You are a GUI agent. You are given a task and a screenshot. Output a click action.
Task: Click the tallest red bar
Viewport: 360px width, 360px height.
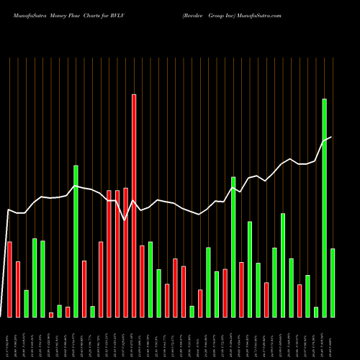pyautogui.click(x=134, y=205)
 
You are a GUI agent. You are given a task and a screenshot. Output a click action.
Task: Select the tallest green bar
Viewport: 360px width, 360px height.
pyautogui.click(x=325, y=207)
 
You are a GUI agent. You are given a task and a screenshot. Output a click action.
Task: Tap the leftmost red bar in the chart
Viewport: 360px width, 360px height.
pyautogui.click(x=9, y=279)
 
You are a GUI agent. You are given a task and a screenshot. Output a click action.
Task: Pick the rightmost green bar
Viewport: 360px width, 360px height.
pyautogui.click(x=333, y=282)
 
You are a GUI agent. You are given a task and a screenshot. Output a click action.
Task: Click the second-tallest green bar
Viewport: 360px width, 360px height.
pyautogui.click(x=76, y=241)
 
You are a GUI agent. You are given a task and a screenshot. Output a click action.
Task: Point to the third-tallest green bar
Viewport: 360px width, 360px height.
pyautogui.click(x=233, y=246)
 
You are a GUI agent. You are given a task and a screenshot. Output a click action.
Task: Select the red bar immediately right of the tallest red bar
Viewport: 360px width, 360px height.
pyautogui.click(x=142, y=281)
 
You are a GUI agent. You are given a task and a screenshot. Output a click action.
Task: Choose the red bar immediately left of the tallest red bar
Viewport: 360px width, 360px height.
pyautogui.click(x=126, y=252)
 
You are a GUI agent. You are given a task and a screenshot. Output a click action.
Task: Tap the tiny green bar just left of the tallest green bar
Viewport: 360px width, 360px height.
pyautogui.click(x=316, y=312)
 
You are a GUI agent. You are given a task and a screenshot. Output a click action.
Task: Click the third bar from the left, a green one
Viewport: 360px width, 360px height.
pyautogui.click(x=26, y=303)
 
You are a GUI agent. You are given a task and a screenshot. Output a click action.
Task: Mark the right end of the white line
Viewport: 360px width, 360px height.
pyautogui.click(x=332, y=137)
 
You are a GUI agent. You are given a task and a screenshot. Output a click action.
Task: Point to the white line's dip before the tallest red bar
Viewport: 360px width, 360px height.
pyautogui.click(x=125, y=220)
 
